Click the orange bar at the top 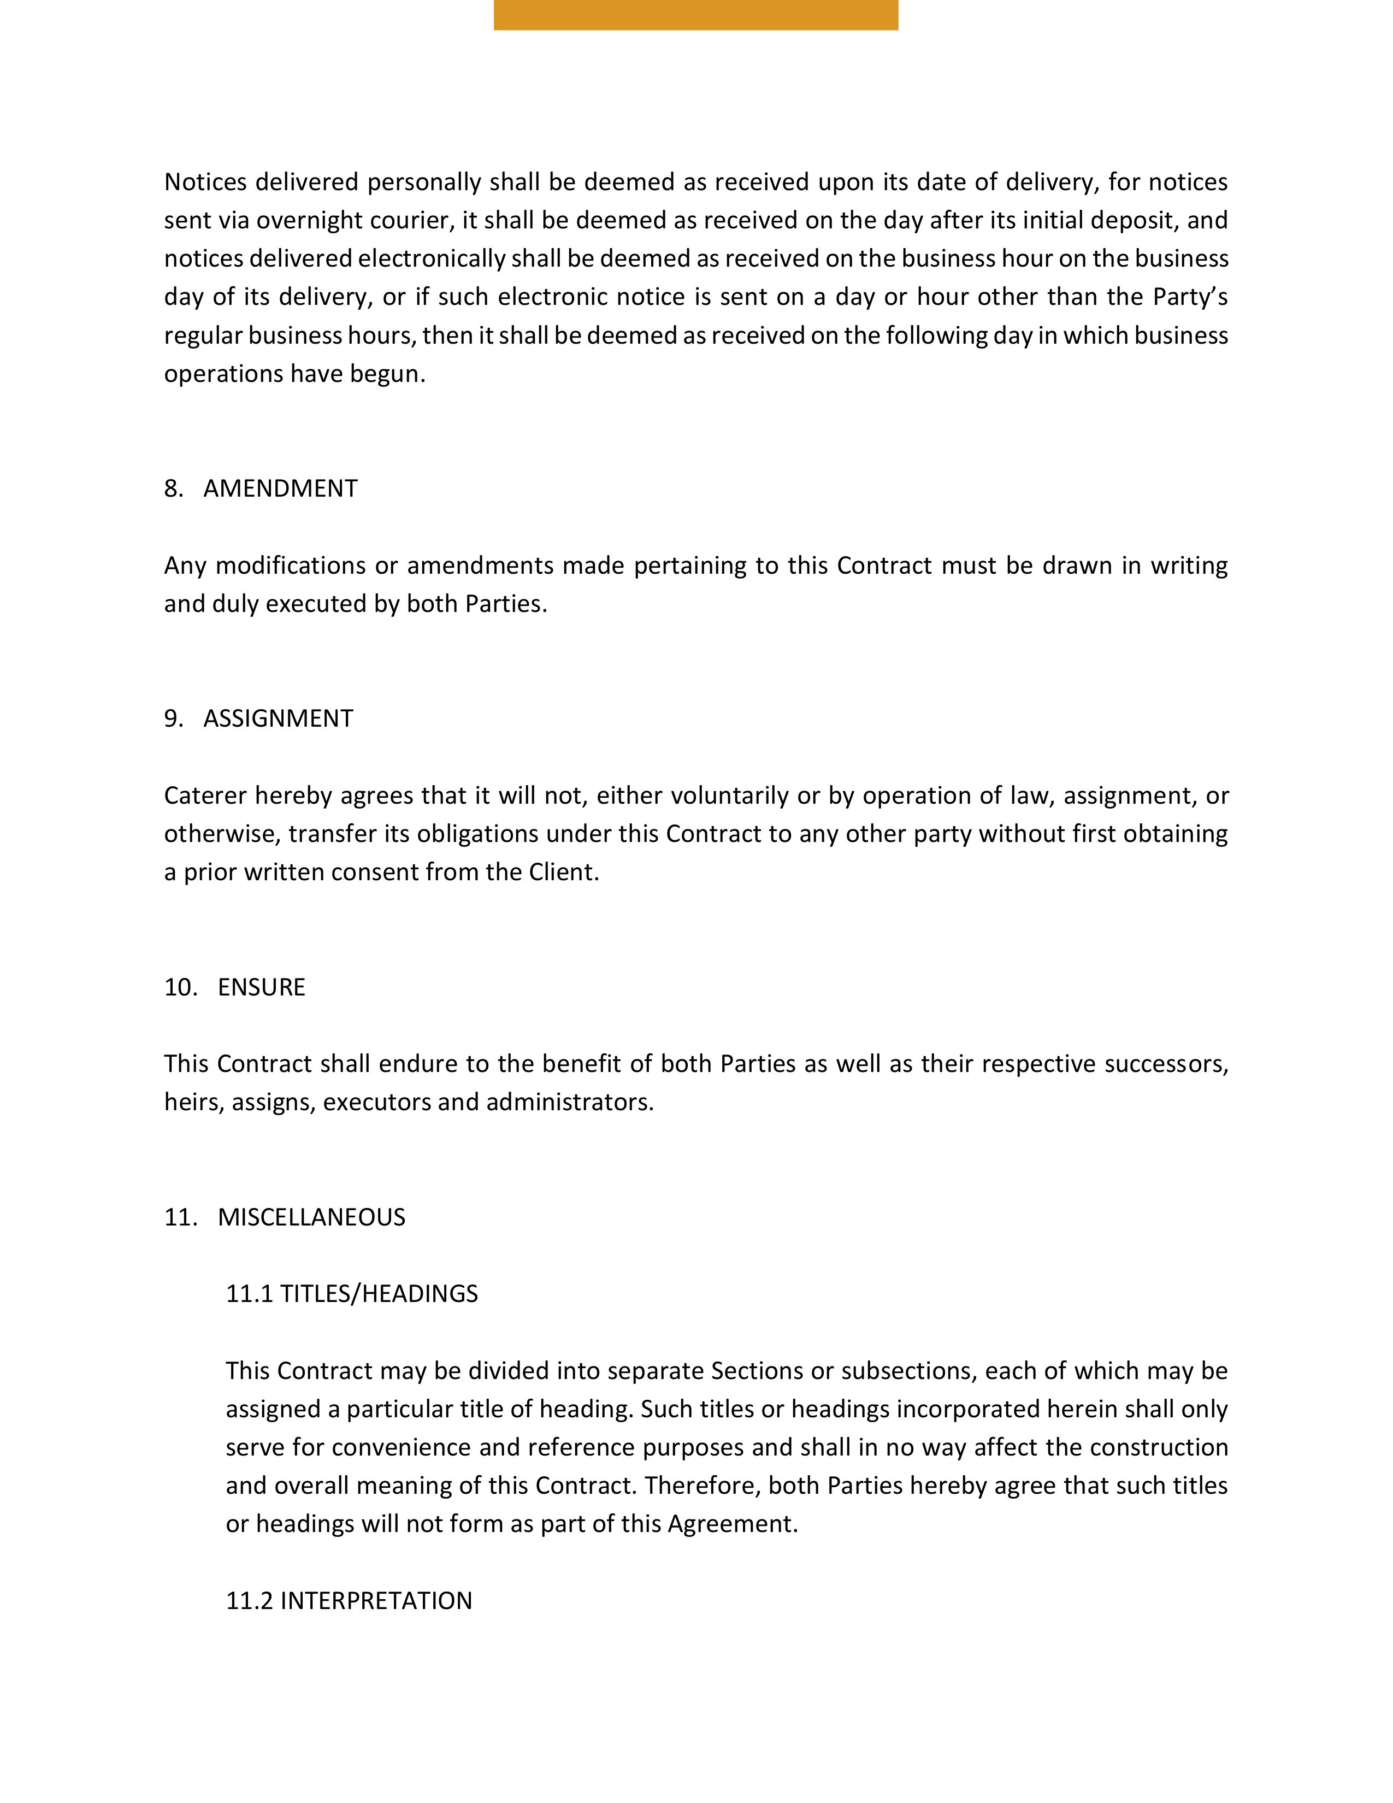tap(695, 15)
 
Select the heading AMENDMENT tap(281, 489)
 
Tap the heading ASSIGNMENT tap(278, 718)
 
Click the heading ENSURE tap(262, 987)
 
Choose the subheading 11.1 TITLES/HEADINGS tap(352, 1294)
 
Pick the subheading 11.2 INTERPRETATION tap(349, 1601)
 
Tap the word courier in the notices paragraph tap(410, 220)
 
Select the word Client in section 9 tap(563, 873)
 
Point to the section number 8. tap(173, 489)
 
